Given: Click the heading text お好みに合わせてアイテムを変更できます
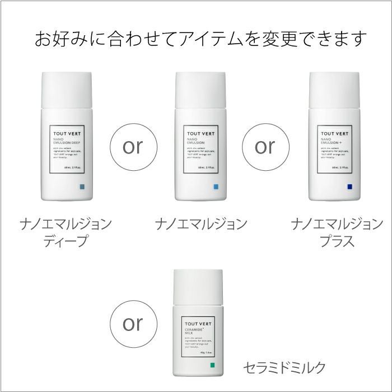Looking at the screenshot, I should point(200,39).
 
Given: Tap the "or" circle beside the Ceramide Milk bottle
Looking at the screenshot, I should point(132,324).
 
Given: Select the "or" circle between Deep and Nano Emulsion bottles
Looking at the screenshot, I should point(132,146).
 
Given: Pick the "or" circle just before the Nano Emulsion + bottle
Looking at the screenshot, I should point(265,146).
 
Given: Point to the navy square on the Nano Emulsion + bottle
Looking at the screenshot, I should point(349,186).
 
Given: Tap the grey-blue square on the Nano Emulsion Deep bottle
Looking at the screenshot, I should point(82,186).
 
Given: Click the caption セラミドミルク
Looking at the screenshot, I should point(284,368).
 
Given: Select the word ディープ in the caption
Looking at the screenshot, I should point(66,242).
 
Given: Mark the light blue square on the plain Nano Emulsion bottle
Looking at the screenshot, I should point(216,186).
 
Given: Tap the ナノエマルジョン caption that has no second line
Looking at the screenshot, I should point(200,225).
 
